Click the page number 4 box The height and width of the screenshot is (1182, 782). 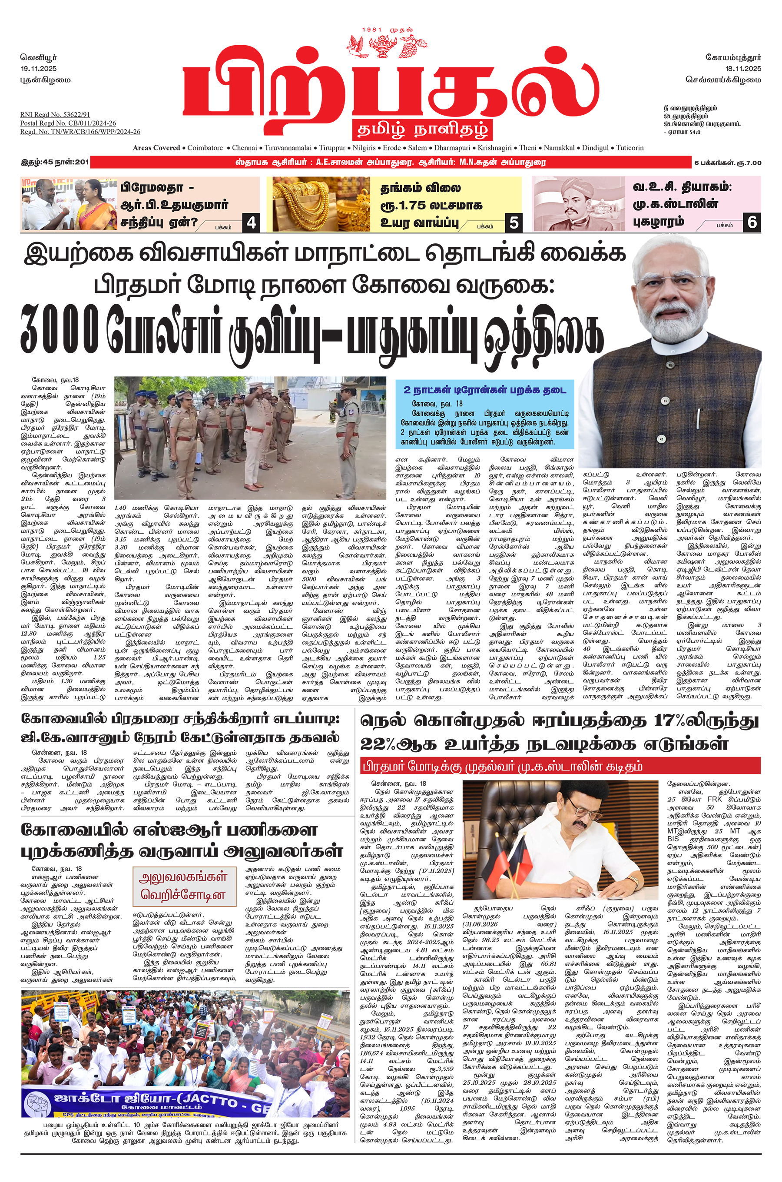click(251, 222)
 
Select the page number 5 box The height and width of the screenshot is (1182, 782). click(514, 222)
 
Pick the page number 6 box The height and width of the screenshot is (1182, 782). click(752, 222)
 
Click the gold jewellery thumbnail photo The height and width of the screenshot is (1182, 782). click(319, 204)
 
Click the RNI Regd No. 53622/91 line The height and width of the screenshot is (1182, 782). click(55, 115)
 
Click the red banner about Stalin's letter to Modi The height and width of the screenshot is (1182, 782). click(561, 766)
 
